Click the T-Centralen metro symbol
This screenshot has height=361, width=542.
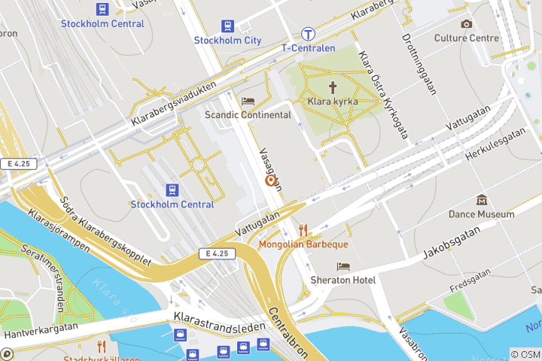point(308,34)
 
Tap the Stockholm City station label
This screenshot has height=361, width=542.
point(227,40)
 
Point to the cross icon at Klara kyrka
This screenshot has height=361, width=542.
point(332,87)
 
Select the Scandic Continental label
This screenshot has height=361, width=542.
point(248,115)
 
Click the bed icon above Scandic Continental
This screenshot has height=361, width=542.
point(248,102)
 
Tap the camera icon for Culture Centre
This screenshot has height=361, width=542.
point(467,24)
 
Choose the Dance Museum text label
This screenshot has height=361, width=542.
point(482,214)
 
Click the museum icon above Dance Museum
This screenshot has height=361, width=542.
point(482,200)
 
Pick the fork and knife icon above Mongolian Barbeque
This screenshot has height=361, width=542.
point(303,229)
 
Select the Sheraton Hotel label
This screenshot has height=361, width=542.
point(343,280)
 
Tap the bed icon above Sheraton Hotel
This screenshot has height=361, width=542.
point(343,266)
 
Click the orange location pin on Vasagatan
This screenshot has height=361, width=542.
point(269,181)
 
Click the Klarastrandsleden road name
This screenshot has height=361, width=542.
point(219,322)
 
